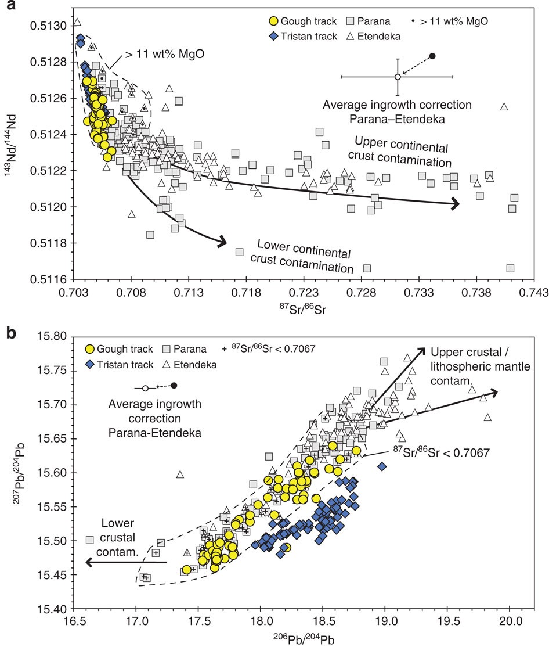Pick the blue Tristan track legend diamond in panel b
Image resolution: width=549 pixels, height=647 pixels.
pos(89,365)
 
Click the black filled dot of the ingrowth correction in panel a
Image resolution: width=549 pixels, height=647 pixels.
pos(432,56)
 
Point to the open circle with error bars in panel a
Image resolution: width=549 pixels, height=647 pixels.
pos(398,77)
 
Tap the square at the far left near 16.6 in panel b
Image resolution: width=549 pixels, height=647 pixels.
pos(90,540)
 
